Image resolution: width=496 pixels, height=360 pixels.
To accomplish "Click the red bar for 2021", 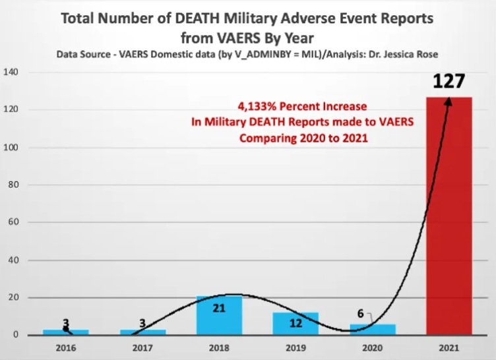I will tap(449, 218).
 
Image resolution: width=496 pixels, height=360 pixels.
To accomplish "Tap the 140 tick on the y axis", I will tap(13, 71).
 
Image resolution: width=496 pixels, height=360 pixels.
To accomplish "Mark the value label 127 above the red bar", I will tap(449, 82).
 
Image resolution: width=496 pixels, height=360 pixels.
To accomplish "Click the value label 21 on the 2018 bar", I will tap(219, 307).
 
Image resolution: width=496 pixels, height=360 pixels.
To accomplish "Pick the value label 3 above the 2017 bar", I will tap(142, 323).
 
